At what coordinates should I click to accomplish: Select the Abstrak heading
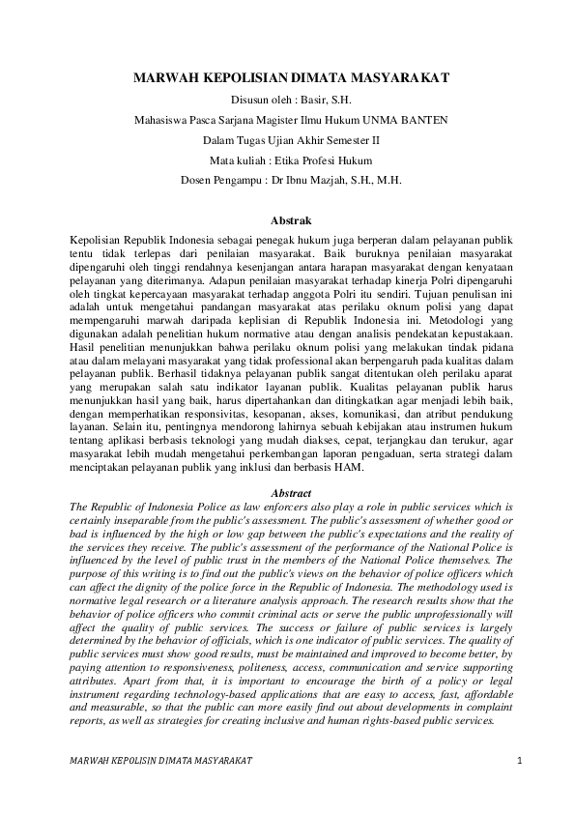click(x=287, y=221)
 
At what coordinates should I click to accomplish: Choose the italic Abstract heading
click(x=287, y=493)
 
